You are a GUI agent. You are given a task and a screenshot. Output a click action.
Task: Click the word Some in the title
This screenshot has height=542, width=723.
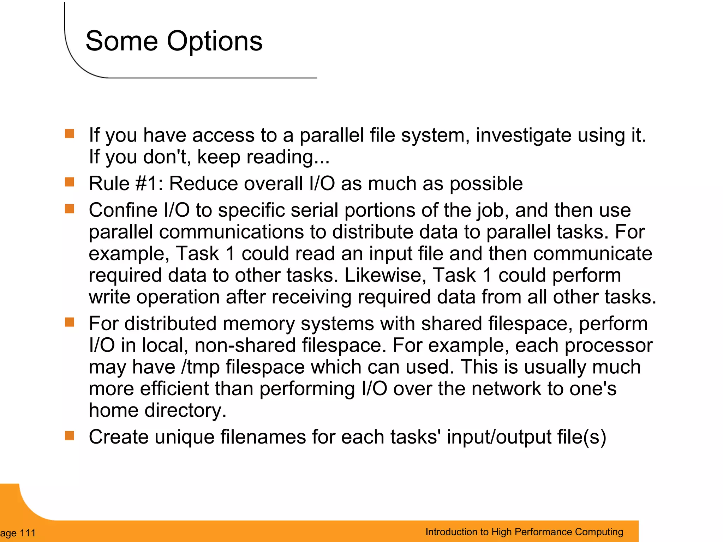coord(121,41)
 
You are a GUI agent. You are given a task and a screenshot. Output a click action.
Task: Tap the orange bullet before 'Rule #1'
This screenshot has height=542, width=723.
coord(70,182)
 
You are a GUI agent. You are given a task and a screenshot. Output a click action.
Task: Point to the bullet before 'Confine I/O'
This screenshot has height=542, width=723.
coord(70,209)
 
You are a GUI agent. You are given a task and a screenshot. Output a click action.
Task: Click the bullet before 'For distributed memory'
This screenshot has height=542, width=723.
coord(70,322)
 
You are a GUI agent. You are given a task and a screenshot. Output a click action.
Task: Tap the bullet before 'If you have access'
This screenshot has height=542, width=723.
coord(70,134)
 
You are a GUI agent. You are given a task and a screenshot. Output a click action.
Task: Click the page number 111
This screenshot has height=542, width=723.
coord(28,533)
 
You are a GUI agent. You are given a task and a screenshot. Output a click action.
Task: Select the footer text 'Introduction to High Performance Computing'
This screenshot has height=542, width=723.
coord(524,532)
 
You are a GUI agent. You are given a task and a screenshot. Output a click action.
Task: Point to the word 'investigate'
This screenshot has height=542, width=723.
coord(524,135)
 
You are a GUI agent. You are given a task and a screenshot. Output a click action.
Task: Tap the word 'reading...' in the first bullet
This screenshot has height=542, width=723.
coord(288,157)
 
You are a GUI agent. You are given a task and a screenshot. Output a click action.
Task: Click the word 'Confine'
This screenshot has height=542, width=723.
coord(124,210)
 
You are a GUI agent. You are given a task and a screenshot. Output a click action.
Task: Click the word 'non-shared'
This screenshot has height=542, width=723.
coord(245,345)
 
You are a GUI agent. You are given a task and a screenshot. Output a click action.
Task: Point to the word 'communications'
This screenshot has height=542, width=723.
coord(232,232)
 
